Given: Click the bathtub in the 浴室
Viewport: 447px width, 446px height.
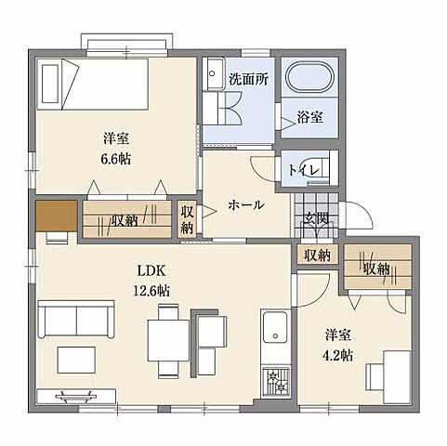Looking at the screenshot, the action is point(310,77).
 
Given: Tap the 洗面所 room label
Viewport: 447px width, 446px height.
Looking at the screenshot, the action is point(248,80).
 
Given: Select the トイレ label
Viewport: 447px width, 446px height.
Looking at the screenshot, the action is point(304,170).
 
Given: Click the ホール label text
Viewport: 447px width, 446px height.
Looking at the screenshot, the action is point(246,204).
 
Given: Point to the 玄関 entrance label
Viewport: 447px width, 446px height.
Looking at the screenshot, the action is point(316,219).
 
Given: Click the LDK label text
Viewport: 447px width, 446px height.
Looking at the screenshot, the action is point(151,271).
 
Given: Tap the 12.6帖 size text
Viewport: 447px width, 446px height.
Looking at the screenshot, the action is point(151,291).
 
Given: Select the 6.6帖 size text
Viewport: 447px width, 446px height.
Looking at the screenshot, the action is point(116,159).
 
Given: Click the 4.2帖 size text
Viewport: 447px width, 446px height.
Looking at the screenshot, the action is point(337,355).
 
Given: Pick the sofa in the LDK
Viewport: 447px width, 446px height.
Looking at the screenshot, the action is point(76,319).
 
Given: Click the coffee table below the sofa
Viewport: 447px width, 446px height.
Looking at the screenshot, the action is point(76,360).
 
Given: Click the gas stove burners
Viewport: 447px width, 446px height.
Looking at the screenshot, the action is point(276,382).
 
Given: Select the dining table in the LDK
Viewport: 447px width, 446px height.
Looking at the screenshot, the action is point(168,341).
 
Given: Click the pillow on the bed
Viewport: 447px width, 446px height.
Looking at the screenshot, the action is point(50,84).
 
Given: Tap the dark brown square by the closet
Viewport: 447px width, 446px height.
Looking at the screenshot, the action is point(57,216).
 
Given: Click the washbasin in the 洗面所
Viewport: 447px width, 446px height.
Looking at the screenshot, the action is point(214,73).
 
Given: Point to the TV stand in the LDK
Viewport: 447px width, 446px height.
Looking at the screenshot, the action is point(76,396).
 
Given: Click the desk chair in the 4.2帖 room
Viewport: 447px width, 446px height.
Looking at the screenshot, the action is point(375,377).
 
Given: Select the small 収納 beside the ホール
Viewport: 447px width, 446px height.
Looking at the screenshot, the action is point(187,219).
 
